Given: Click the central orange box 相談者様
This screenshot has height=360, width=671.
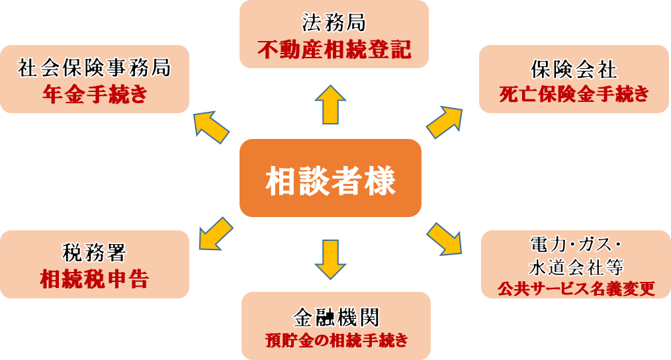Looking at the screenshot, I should click(330, 179).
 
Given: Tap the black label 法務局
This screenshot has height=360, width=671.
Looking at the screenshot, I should click(334, 24).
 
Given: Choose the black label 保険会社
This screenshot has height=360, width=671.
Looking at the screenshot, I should click(574, 69).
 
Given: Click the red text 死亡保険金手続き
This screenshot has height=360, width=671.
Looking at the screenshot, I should click(574, 94).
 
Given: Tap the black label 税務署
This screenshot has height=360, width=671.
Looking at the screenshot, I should click(94, 253).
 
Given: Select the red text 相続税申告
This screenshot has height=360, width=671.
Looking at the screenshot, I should click(94, 279).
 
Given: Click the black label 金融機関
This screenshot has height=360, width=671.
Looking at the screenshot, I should click(335, 317).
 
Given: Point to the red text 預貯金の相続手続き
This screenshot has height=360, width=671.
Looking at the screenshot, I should click(335, 341).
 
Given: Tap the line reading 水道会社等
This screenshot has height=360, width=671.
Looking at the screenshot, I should click(574, 267).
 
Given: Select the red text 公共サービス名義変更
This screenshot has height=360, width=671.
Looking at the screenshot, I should click(574, 289).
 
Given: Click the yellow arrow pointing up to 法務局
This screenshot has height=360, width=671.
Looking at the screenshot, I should click(330, 104).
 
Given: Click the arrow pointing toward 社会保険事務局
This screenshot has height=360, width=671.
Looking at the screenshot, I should click(211, 126).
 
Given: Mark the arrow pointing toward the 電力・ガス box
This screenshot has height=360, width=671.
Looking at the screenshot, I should click(445, 239).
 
